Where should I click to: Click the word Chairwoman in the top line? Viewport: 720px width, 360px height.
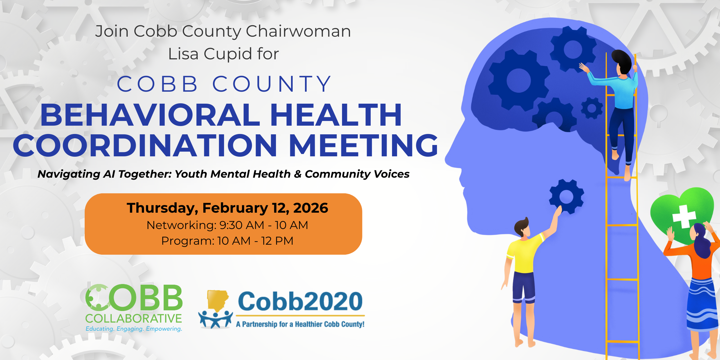click(298, 31)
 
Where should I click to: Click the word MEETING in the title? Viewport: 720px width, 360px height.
click(363, 145)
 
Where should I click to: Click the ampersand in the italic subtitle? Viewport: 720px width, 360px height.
click(298, 174)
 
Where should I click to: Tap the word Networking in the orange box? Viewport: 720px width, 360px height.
click(181, 225)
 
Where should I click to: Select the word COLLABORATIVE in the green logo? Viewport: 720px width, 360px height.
click(133, 319)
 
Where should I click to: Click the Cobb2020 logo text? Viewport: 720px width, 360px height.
click(300, 301)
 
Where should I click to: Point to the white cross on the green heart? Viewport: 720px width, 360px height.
click(684, 217)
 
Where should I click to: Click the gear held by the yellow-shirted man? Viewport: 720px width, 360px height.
click(566, 196)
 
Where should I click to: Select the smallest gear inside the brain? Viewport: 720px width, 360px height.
click(592, 108)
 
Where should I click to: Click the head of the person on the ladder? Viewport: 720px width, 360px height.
click(622, 62)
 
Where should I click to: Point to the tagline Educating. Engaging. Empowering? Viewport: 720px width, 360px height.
click(134, 329)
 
